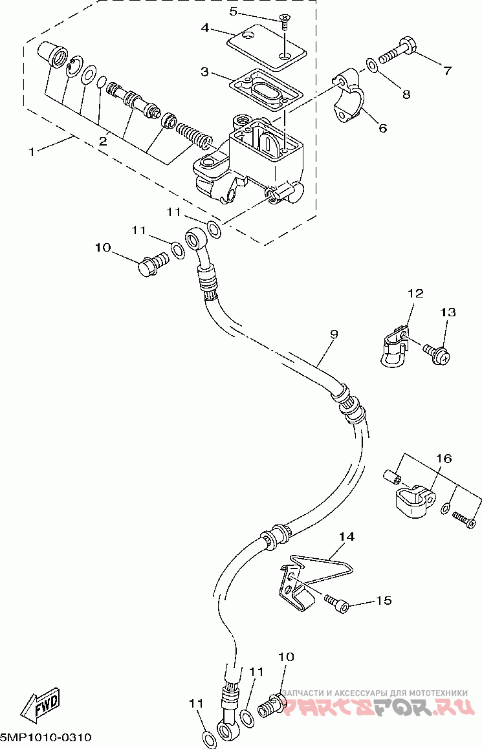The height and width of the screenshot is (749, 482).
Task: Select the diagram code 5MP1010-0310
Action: [x=46, y=738]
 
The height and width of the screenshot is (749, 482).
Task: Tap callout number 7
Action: [x=447, y=71]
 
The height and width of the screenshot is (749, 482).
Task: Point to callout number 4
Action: [x=205, y=28]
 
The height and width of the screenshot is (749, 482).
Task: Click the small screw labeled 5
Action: [x=284, y=21]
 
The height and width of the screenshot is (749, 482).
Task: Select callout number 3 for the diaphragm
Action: [x=205, y=72]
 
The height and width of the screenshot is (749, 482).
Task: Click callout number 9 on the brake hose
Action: [x=333, y=334]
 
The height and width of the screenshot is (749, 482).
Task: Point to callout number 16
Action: [x=444, y=459]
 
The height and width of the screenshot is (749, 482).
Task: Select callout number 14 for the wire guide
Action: [x=347, y=537]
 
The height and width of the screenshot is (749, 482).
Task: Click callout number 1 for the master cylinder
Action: [x=32, y=152]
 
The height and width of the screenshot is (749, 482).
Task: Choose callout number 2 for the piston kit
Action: [x=102, y=141]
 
